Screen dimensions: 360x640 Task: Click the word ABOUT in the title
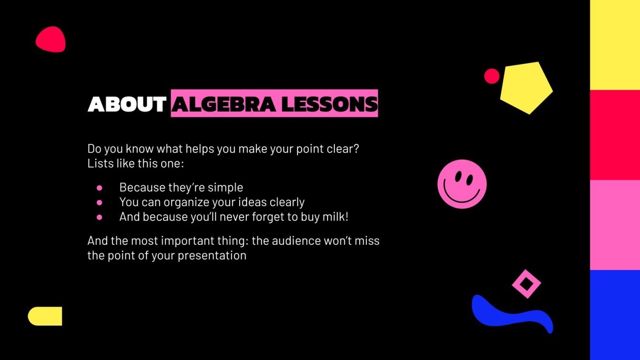coord(127,104)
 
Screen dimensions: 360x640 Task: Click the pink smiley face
coord(462,184)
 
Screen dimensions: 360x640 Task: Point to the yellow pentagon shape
coord(526,87)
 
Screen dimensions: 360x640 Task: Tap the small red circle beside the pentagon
coord(492,76)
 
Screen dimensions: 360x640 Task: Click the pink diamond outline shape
coord(526,284)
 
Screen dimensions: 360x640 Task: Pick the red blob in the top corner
coord(50,40)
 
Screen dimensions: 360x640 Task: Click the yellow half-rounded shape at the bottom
coord(45,316)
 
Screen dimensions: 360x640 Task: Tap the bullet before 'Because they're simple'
coord(99,187)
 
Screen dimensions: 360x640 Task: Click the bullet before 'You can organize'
coord(99,202)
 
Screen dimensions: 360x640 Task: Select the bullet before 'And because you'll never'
coord(99,217)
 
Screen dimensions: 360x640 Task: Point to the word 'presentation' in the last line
coord(212,255)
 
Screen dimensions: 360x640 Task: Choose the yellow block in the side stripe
coord(615,45)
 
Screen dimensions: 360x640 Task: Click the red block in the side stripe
coord(615,135)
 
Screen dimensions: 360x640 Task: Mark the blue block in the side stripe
coord(615,315)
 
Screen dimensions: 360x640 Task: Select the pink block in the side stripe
coord(615,225)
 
